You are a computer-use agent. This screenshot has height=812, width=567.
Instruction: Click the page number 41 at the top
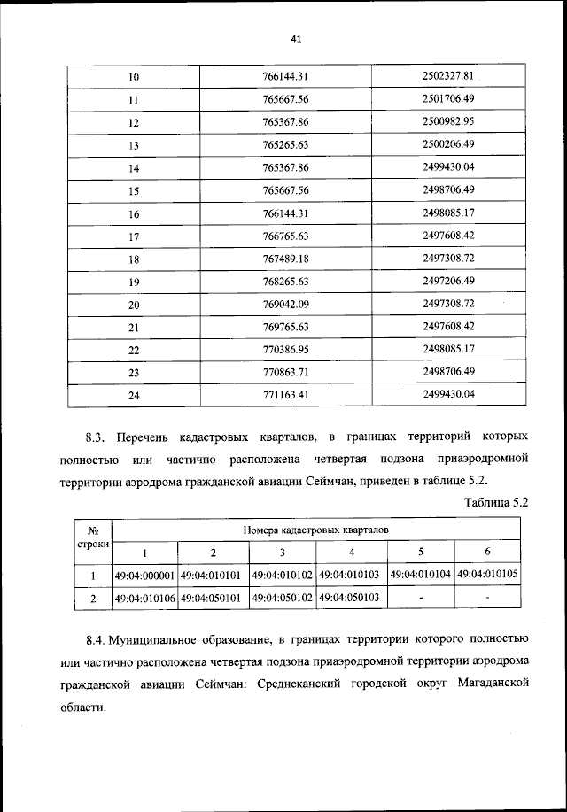tap(296, 38)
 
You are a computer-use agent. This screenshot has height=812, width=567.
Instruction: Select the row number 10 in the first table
tap(135, 76)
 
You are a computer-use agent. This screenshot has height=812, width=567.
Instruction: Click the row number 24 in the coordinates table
tap(135, 396)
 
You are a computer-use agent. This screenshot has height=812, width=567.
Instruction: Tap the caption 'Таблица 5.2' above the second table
tap(496, 503)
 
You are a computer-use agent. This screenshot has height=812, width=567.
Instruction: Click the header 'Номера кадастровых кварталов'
tap(315, 530)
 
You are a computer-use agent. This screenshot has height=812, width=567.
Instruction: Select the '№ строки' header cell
tap(93, 537)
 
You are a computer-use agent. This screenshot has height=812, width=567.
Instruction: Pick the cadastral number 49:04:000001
tap(146, 576)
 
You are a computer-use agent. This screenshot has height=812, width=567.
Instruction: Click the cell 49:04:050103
tap(349, 599)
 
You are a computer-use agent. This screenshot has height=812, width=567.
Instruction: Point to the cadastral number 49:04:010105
tap(488, 575)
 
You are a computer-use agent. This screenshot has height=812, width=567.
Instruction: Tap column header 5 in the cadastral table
tap(421, 552)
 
